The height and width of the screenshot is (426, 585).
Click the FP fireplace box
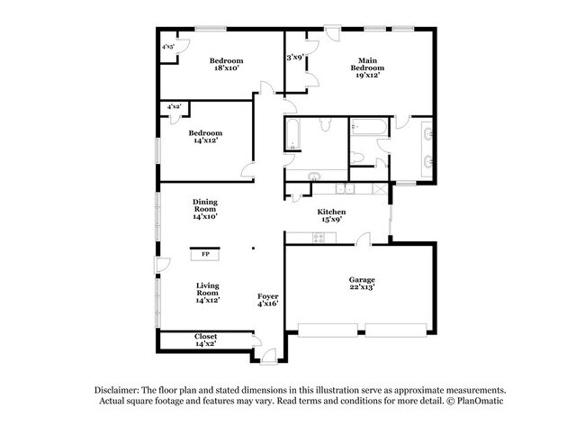click(205, 255)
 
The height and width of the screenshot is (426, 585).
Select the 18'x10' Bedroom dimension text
click(227, 68)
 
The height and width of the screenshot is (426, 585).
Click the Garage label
click(362, 279)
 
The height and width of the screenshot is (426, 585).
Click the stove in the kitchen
click(318, 238)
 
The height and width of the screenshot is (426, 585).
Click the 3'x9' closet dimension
click(295, 57)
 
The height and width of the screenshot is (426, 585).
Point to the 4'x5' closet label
click(167, 46)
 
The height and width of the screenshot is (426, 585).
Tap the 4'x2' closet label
click(174, 107)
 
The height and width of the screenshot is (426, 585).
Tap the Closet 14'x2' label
click(205, 340)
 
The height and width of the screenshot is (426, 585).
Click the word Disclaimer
click(121, 389)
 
